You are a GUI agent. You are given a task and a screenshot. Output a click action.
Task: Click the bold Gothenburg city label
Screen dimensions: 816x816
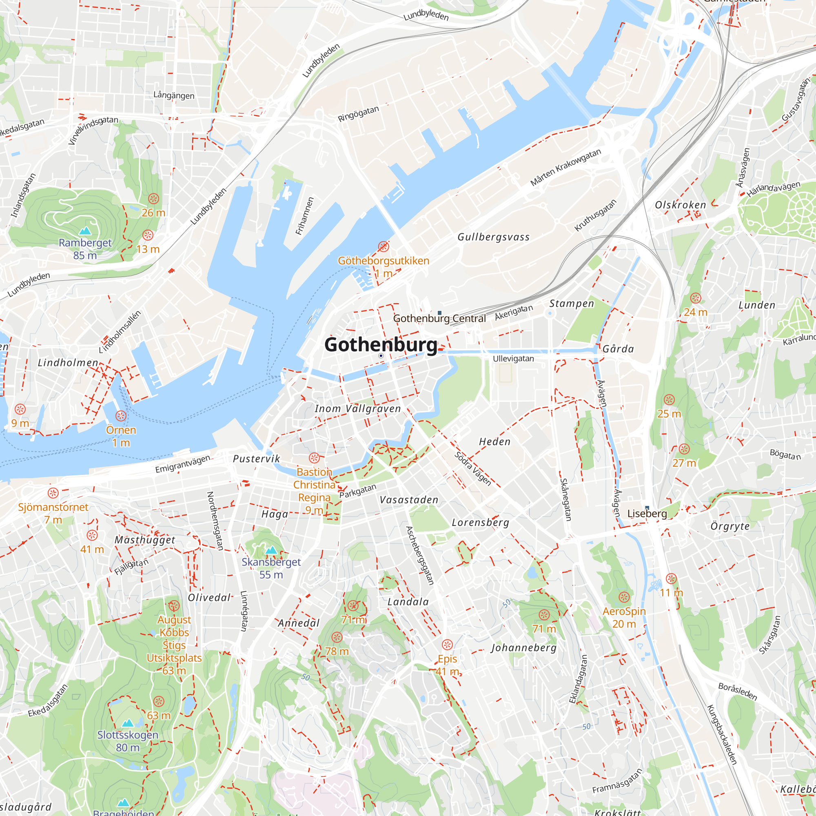381,345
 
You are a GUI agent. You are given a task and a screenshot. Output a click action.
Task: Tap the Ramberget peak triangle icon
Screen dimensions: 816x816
85,231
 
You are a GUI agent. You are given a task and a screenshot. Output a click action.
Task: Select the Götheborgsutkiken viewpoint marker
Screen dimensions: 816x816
383,246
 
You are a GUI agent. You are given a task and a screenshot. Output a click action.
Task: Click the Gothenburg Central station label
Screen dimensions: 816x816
439,319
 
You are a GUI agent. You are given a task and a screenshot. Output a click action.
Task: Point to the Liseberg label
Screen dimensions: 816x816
647,514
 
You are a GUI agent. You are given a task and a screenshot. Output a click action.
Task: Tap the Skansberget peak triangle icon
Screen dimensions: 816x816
271,550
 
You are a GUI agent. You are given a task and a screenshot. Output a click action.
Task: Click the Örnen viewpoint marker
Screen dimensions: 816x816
121,416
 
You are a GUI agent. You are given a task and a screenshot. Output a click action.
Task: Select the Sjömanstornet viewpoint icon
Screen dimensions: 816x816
53,493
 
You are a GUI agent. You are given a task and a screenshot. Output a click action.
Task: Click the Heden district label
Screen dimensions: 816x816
494,442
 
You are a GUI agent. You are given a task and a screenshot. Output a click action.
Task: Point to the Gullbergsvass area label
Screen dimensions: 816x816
493,237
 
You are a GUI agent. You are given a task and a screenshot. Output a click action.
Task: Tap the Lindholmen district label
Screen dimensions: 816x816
68,363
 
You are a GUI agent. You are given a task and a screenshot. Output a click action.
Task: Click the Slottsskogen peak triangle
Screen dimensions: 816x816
128,723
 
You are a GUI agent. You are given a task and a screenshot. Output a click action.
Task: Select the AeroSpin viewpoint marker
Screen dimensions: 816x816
624,597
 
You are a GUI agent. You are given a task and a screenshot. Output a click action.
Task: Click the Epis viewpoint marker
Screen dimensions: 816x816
447,645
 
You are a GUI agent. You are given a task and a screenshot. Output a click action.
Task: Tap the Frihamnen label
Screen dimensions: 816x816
304,216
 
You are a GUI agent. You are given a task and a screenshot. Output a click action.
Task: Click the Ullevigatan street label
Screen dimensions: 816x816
513,359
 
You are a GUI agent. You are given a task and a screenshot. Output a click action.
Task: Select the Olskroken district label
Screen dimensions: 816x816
680,205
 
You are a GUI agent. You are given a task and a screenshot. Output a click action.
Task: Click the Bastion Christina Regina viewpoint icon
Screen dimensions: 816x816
314,458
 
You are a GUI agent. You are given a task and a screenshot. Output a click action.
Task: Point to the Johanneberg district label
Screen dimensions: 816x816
523,647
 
